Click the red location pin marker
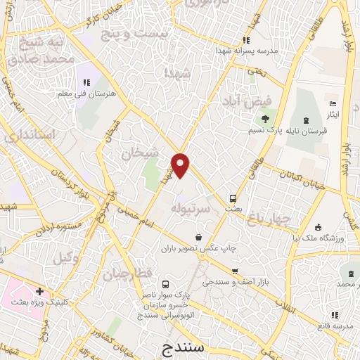click(x=181, y=165)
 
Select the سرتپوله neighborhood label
click(x=191, y=207)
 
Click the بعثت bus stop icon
click(x=233, y=198)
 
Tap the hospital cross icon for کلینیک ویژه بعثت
click(x=40, y=290)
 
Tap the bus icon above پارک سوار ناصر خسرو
click(x=165, y=285)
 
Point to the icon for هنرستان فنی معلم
click(x=87, y=83)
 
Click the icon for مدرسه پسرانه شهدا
click(x=245, y=40)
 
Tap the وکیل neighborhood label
click(x=65, y=258)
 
